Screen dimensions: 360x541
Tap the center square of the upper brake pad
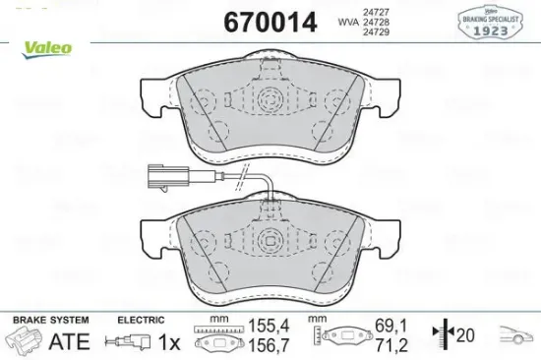(270, 99)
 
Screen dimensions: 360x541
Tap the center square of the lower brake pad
(270, 237)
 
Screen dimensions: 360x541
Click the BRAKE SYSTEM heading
(49, 321)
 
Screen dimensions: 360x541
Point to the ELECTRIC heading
(141, 321)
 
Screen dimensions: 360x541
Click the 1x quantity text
(169, 342)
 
